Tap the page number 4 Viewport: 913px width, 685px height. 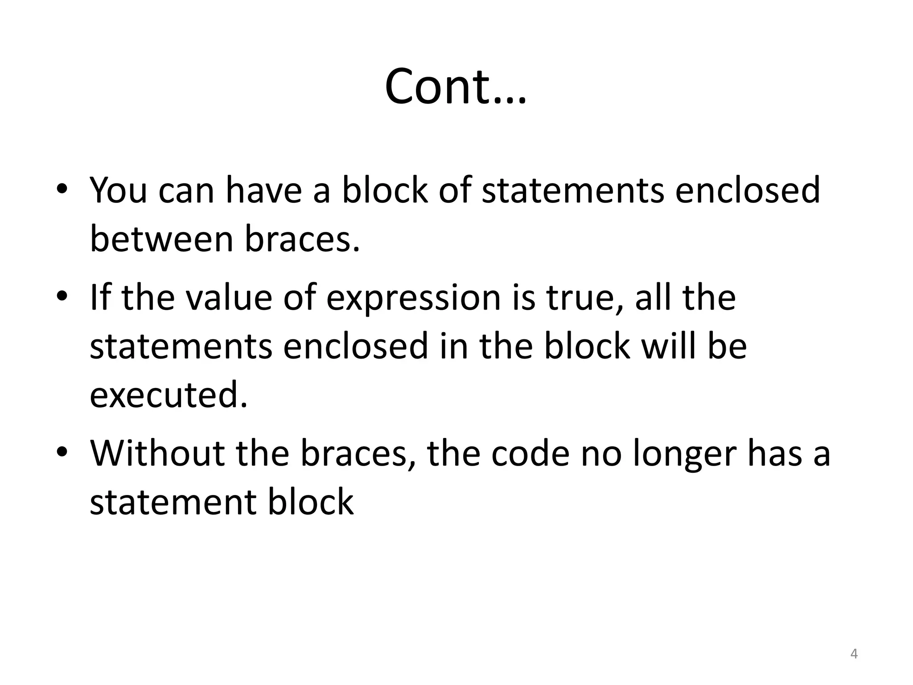point(854,654)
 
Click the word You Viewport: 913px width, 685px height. point(118,190)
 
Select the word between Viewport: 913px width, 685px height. point(161,239)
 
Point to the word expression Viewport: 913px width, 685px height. point(413,298)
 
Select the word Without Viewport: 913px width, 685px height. point(157,453)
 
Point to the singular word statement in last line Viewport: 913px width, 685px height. point(172,503)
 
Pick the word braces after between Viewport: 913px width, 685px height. point(302,239)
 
